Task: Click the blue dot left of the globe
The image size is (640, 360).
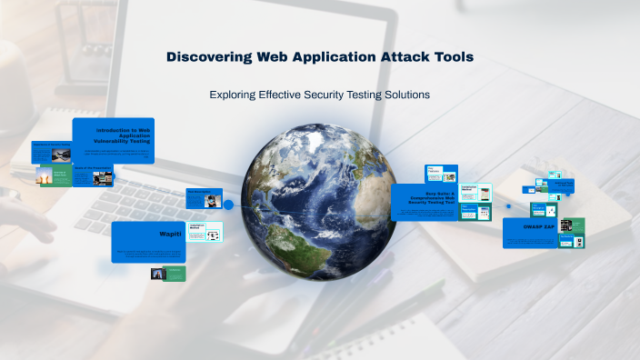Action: point(229,205)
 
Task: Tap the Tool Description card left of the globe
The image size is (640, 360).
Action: point(202,199)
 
